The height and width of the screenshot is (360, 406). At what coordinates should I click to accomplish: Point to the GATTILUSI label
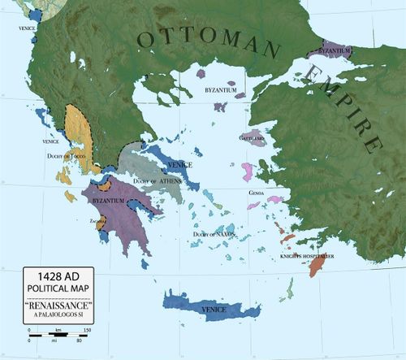(x=251, y=138)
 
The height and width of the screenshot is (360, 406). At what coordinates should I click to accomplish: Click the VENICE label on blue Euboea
(x=180, y=164)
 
